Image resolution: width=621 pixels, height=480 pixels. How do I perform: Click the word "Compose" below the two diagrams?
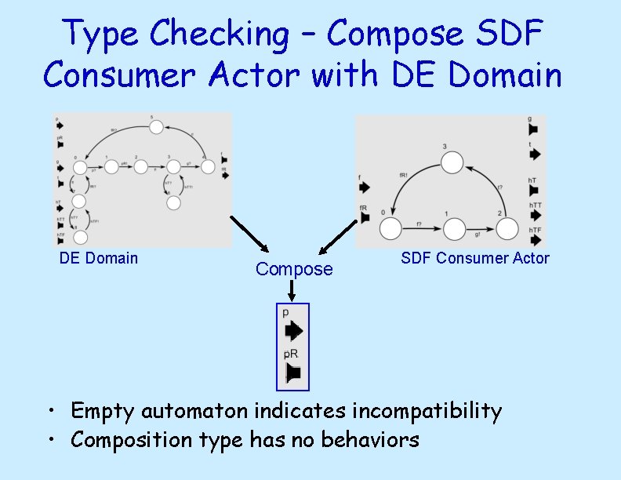click(294, 269)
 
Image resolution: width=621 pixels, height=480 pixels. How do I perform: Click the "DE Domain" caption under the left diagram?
click(99, 258)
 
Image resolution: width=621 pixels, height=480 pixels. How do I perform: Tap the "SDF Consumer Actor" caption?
click(475, 258)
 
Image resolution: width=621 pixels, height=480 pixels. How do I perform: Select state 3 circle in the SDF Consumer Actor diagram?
click(451, 163)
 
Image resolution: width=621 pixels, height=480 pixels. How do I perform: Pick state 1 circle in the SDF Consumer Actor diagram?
click(455, 229)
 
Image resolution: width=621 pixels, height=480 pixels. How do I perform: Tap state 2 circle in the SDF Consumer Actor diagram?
click(507, 229)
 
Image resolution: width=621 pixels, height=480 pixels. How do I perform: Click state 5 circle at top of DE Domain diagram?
click(155, 127)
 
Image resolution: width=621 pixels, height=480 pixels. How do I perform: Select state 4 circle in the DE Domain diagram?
click(209, 166)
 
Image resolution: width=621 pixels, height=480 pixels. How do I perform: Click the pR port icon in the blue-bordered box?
click(293, 372)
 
